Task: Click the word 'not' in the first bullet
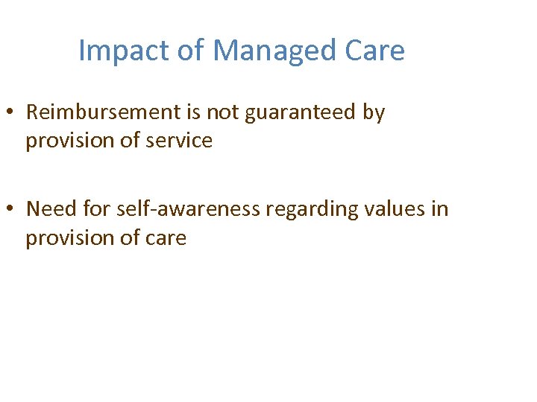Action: (219, 112)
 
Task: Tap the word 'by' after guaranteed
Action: (374, 113)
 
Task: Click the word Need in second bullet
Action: (51, 209)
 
